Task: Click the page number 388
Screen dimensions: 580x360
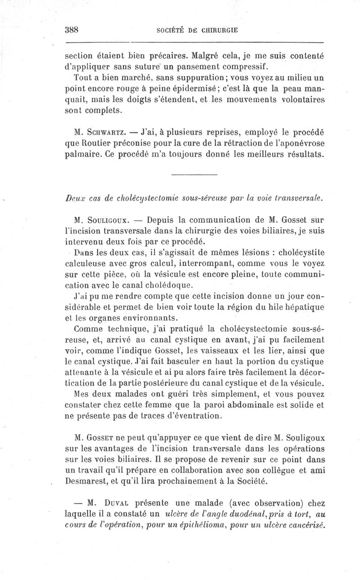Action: (72, 30)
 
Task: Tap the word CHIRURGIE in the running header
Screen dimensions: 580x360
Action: (218, 31)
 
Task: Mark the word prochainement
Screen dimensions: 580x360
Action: (229, 481)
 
